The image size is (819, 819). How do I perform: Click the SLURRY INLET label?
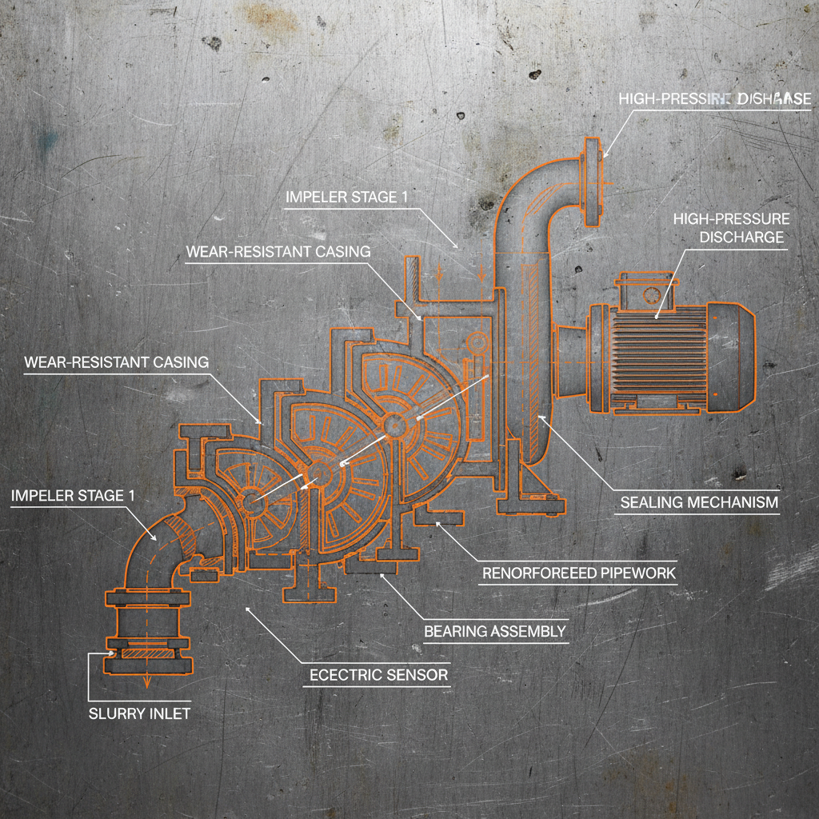pos(140,713)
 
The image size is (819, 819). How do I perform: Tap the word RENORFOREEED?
pos(529,573)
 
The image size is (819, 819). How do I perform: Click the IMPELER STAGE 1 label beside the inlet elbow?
pos(67,496)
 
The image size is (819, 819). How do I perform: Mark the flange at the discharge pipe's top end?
pos(593,182)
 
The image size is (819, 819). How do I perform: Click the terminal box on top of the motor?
pos(643,290)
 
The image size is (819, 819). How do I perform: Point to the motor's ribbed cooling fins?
pos(656,357)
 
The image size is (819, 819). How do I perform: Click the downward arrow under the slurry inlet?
pos(147,681)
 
